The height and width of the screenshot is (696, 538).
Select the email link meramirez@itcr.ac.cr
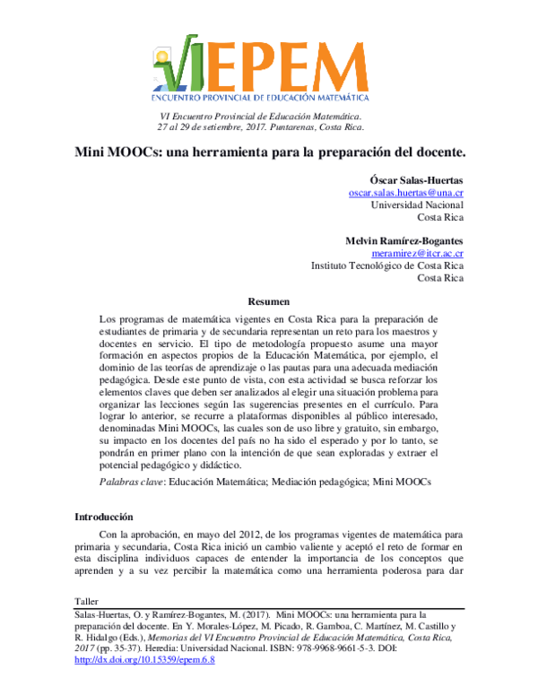click(x=416, y=254)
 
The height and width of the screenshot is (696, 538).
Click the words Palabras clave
click(x=130, y=483)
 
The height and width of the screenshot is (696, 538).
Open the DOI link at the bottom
click(x=144, y=660)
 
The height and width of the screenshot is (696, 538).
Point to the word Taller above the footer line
click(x=87, y=597)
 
